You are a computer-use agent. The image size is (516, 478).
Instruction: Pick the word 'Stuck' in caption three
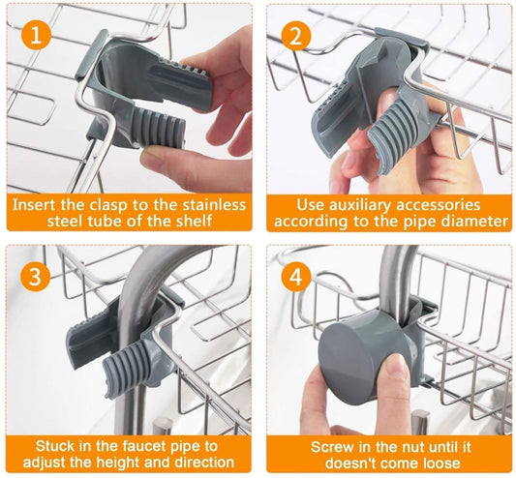[56, 446]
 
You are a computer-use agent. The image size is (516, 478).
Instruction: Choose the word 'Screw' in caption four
[334, 446]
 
